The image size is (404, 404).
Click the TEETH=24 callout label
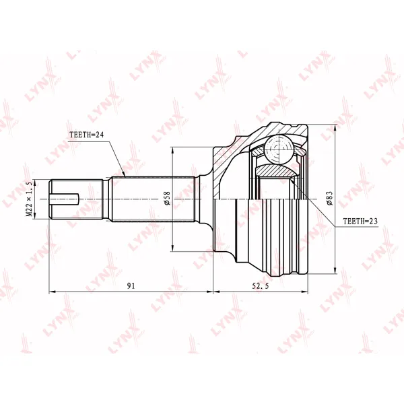[86, 135]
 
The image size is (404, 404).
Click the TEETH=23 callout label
[360, 221]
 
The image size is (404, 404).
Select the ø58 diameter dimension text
[167, 198]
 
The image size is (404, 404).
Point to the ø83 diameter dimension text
[329, 198]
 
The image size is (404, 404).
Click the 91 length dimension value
[131, 285]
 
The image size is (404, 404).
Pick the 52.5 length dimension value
[260, 285]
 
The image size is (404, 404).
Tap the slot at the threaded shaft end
[64, 199]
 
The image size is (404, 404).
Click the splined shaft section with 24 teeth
[153, 199]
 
